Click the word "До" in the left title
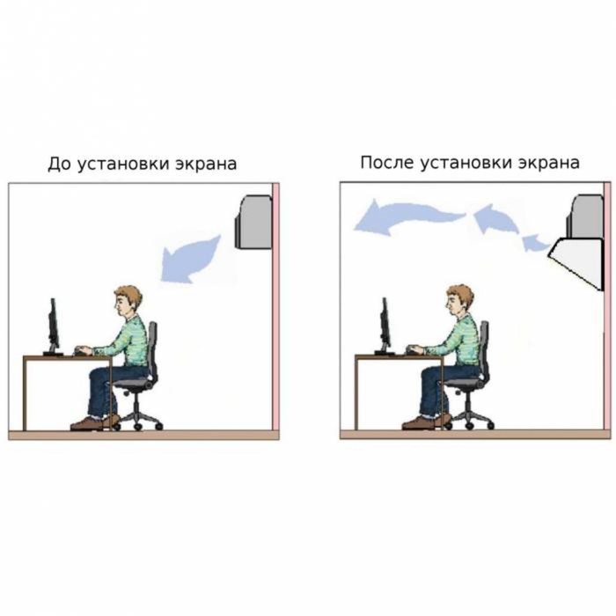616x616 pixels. pos(60,164)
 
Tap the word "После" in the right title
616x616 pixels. pos(386,162)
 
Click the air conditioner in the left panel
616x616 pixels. pos(254,223)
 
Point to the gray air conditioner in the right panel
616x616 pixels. pos(585,216)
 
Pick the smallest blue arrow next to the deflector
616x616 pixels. pos(535,243)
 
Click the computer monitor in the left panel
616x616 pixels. pos(53,326)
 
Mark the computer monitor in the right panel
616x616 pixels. pos(385,326)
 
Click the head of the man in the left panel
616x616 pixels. pos(128,302)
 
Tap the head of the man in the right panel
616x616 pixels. pos(459,301)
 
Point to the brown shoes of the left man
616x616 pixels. pos(95,422)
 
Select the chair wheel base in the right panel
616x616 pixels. pos(469,422)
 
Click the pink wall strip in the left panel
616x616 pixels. pos(275,306)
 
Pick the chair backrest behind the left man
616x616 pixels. pos(151,349)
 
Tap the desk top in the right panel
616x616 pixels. pos(400,356)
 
